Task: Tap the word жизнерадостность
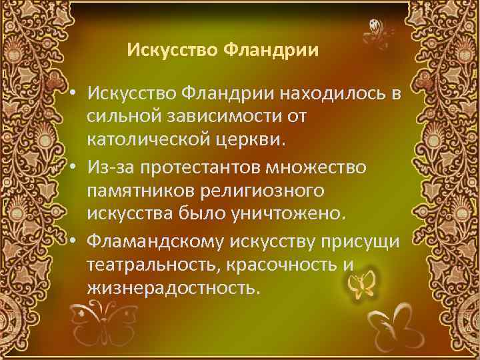click(171, 289)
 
